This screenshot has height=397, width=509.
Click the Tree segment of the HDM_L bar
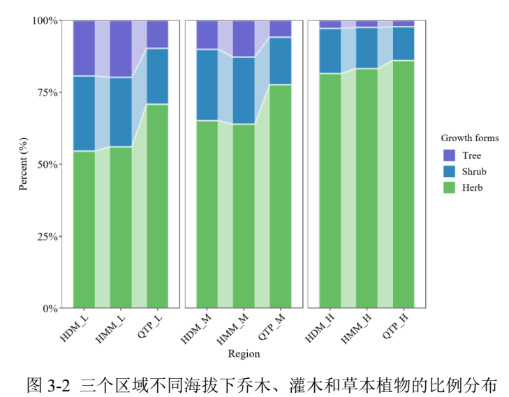[84, 48]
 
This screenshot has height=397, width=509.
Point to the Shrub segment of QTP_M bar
[280, 61]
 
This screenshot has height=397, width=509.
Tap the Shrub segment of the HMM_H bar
[367, 48]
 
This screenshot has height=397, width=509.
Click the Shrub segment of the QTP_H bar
[404, 43]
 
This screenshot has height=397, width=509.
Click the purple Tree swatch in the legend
[450, 155]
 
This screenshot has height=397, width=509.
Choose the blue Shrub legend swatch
[450, 171]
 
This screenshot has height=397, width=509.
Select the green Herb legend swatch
[450, 187]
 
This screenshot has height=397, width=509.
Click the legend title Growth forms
[469, 138]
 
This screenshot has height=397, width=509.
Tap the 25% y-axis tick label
[46, 236]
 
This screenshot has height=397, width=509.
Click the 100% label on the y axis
[43, 20]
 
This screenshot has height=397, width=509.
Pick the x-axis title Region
[244, 354]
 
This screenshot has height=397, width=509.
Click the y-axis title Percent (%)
[23, 164]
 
